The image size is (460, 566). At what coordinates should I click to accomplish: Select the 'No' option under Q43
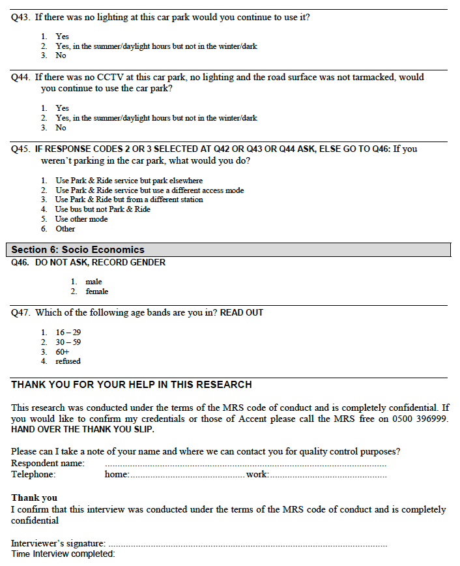click(x=61, y=56)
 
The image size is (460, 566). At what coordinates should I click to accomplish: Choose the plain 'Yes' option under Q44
click(x=62, y=108)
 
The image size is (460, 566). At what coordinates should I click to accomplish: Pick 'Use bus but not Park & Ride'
click(x=102, y=209)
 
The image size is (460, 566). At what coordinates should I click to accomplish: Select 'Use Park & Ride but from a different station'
click(x=129, y=200)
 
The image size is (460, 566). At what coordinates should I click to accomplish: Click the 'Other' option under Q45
click(x=65, y=229)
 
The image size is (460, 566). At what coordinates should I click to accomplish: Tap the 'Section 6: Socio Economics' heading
click(x=78, y=250)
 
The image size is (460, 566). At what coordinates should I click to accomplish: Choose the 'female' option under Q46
click(x=97, y=291)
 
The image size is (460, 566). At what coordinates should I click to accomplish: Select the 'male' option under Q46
click(x=94, y=282)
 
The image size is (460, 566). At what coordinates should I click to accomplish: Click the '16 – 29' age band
click(x=68, y=333)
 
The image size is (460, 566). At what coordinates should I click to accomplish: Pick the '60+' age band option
click(x=63, y=351)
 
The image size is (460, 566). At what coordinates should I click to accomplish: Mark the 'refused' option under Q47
click(x=68, y=361)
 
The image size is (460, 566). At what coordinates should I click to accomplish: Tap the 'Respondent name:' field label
click(x=48, y=464)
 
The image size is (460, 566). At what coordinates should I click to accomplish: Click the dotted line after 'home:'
click(x=187, y=475)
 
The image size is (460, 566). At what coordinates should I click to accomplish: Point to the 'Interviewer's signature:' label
click(x=58, y=543)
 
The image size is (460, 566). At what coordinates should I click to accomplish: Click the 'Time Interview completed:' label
click(x=63, y=554)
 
